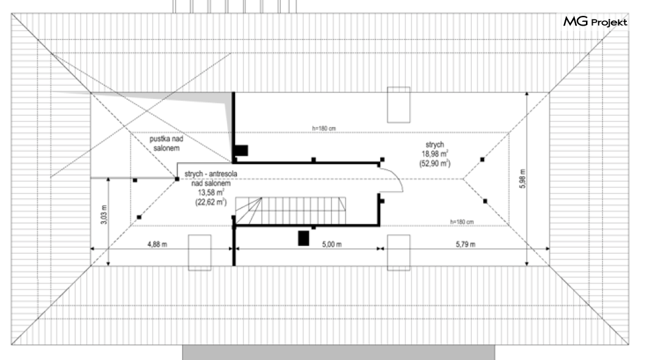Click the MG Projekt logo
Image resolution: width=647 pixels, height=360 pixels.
click(x=595, y=21)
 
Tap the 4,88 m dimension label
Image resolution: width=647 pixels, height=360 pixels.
click(x=157, y=244)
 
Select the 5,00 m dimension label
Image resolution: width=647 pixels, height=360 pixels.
click(x=332, y=244)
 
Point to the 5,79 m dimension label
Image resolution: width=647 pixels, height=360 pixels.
click(x=466, y=244)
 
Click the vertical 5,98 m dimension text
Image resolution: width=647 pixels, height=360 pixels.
click(x=523, y=179)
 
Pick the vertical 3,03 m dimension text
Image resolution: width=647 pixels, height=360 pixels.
click(x=104, y=214)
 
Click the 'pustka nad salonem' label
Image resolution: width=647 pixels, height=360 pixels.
click(x=166, y=143)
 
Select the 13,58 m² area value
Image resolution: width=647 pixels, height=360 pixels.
click(x=211, y=193)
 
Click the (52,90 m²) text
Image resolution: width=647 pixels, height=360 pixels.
click(x=435, y=164)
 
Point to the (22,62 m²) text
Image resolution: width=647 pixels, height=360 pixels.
click(x=211, y=202)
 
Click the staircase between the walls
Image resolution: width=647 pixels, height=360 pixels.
click(x=291, y=211)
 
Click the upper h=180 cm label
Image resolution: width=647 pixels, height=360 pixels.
click(x=324, y=128)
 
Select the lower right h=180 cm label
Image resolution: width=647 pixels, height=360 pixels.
click(x=461, y=222)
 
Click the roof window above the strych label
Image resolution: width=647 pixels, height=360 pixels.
click(x=399, y=105)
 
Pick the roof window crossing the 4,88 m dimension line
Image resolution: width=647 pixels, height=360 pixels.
click(x=200, y=253)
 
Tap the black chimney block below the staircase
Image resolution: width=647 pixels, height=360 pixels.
click(x=304, y=239)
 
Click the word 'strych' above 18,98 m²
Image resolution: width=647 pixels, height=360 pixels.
click(x=435, y=145)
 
